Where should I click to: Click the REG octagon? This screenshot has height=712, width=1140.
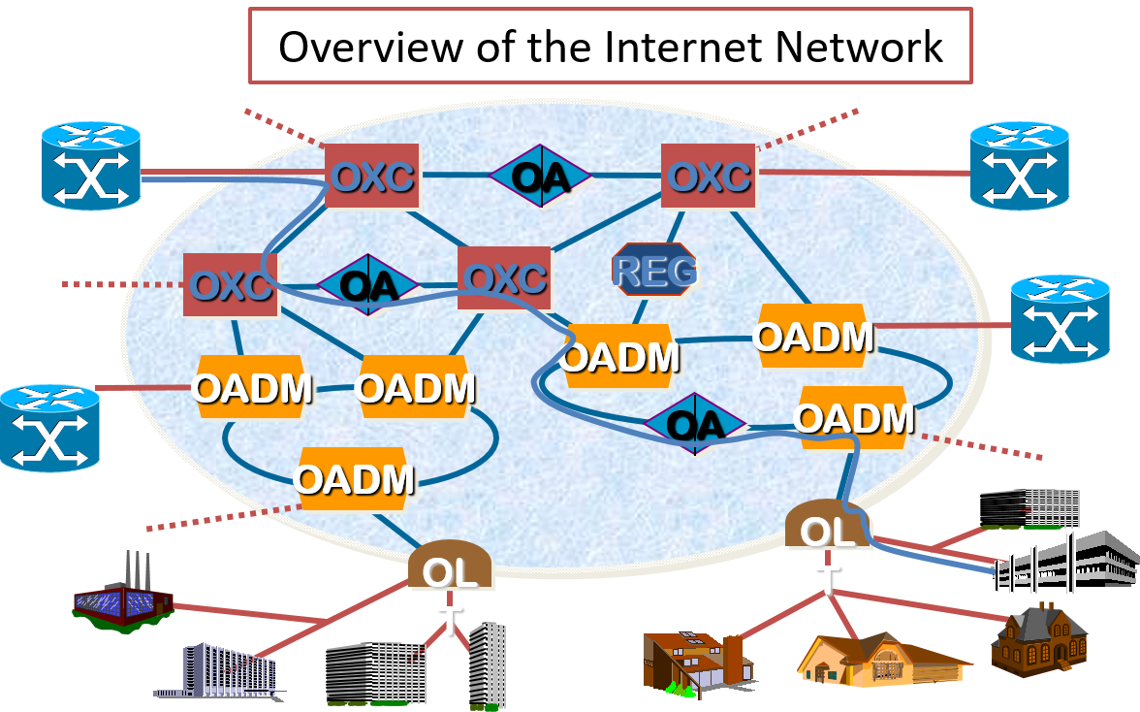point(654,270)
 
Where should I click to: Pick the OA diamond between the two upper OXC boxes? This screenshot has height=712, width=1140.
point(540,177)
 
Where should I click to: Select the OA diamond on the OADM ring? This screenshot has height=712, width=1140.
point(695,424)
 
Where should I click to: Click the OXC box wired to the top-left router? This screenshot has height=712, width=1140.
point(371,176)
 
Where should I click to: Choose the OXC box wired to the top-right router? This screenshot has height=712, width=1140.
point(709,176)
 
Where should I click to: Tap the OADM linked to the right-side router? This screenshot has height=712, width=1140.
point(812,336)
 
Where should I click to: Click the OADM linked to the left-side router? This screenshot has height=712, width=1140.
point(252,387)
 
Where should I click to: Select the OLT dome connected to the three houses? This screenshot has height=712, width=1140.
point(829,529)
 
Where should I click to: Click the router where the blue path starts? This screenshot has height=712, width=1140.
point(91,166)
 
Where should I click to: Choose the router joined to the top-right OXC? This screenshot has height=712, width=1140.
point(1020,166)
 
